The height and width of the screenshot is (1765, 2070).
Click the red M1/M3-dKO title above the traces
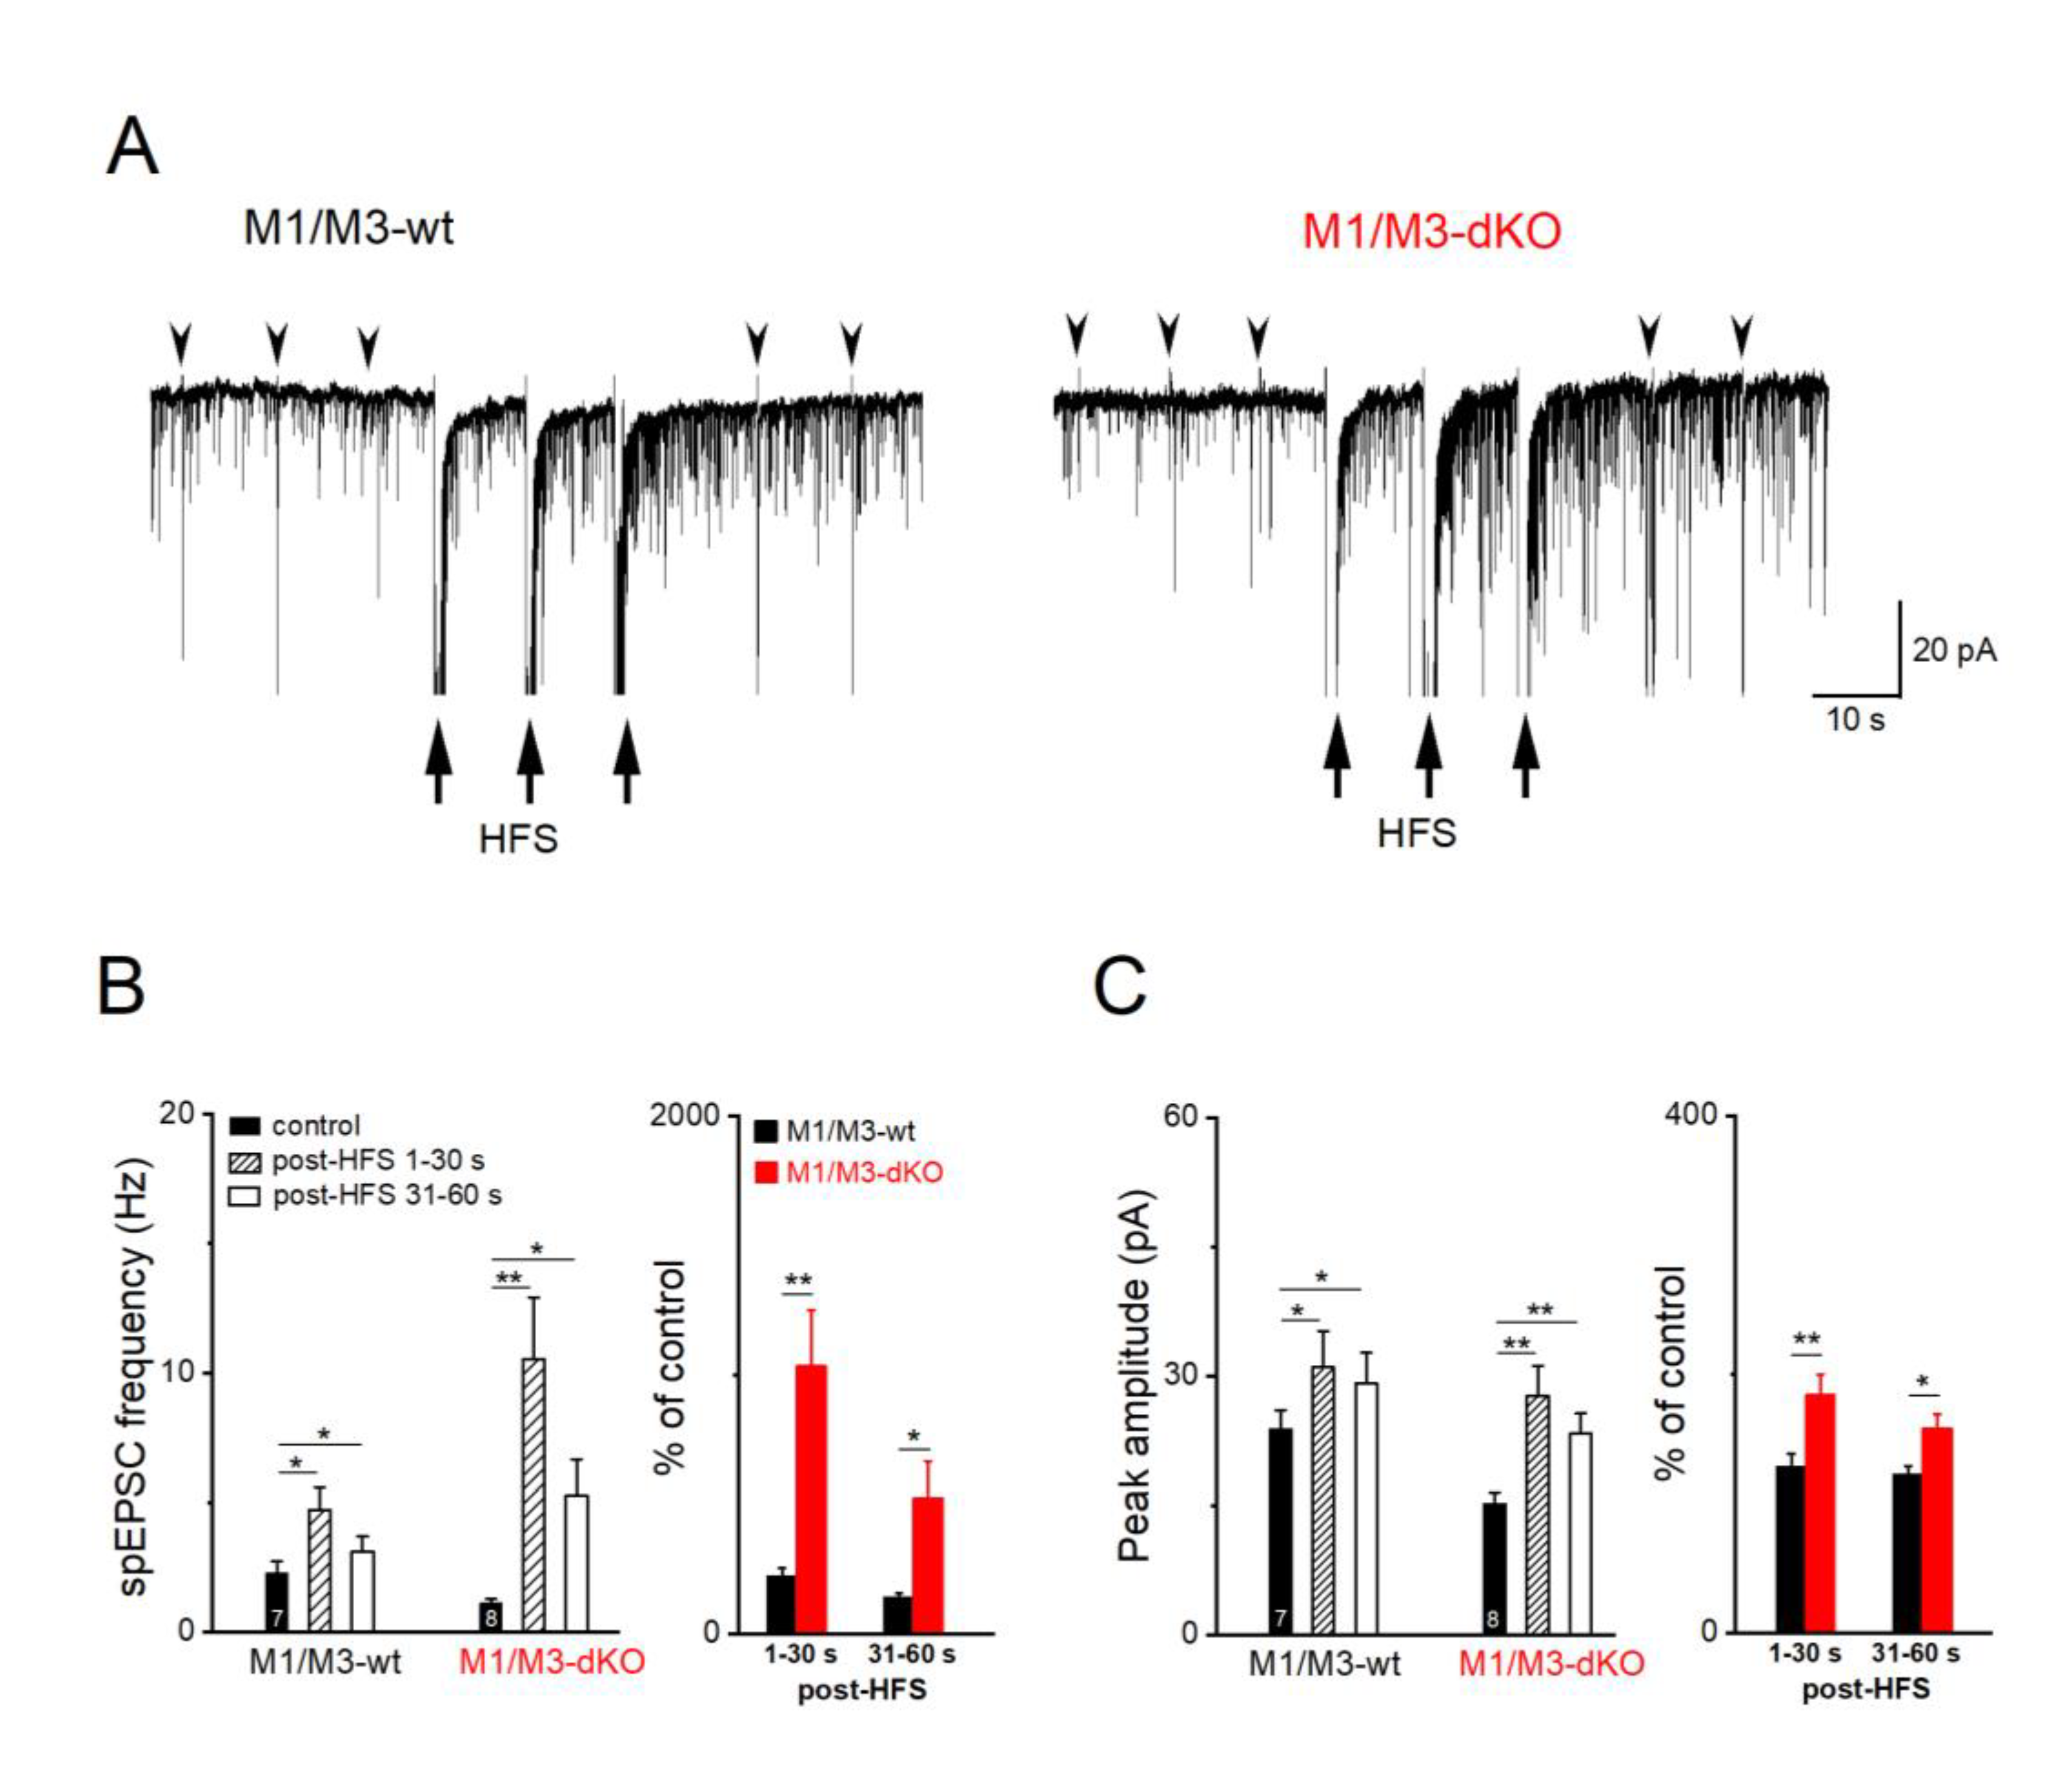1431,231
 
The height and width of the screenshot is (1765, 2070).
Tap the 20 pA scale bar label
1953,650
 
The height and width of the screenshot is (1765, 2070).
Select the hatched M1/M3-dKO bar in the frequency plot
534,1493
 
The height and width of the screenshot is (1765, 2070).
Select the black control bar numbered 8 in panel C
1494,1566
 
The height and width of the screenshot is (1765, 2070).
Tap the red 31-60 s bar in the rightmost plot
1936,1529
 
